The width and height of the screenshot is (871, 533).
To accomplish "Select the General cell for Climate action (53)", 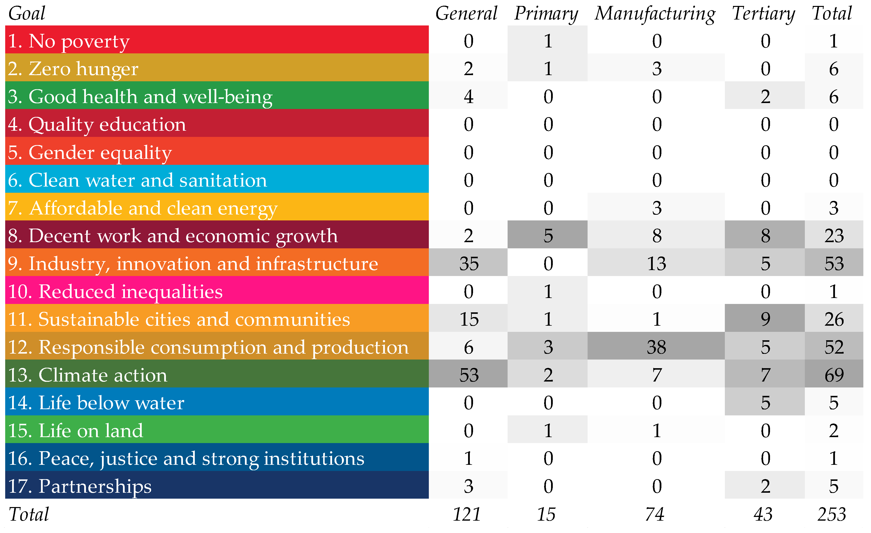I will (x=469, y=375).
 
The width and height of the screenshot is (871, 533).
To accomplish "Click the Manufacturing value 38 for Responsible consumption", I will (x=656, y=347).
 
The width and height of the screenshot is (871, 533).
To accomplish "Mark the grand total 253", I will (x=831, y=514).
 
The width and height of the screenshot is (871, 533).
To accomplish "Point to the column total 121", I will (x=467, y=514).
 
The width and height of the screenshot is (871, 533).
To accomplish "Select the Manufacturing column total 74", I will (x=654, y=514).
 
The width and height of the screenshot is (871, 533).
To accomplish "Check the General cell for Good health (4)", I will (x=469, y=96).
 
